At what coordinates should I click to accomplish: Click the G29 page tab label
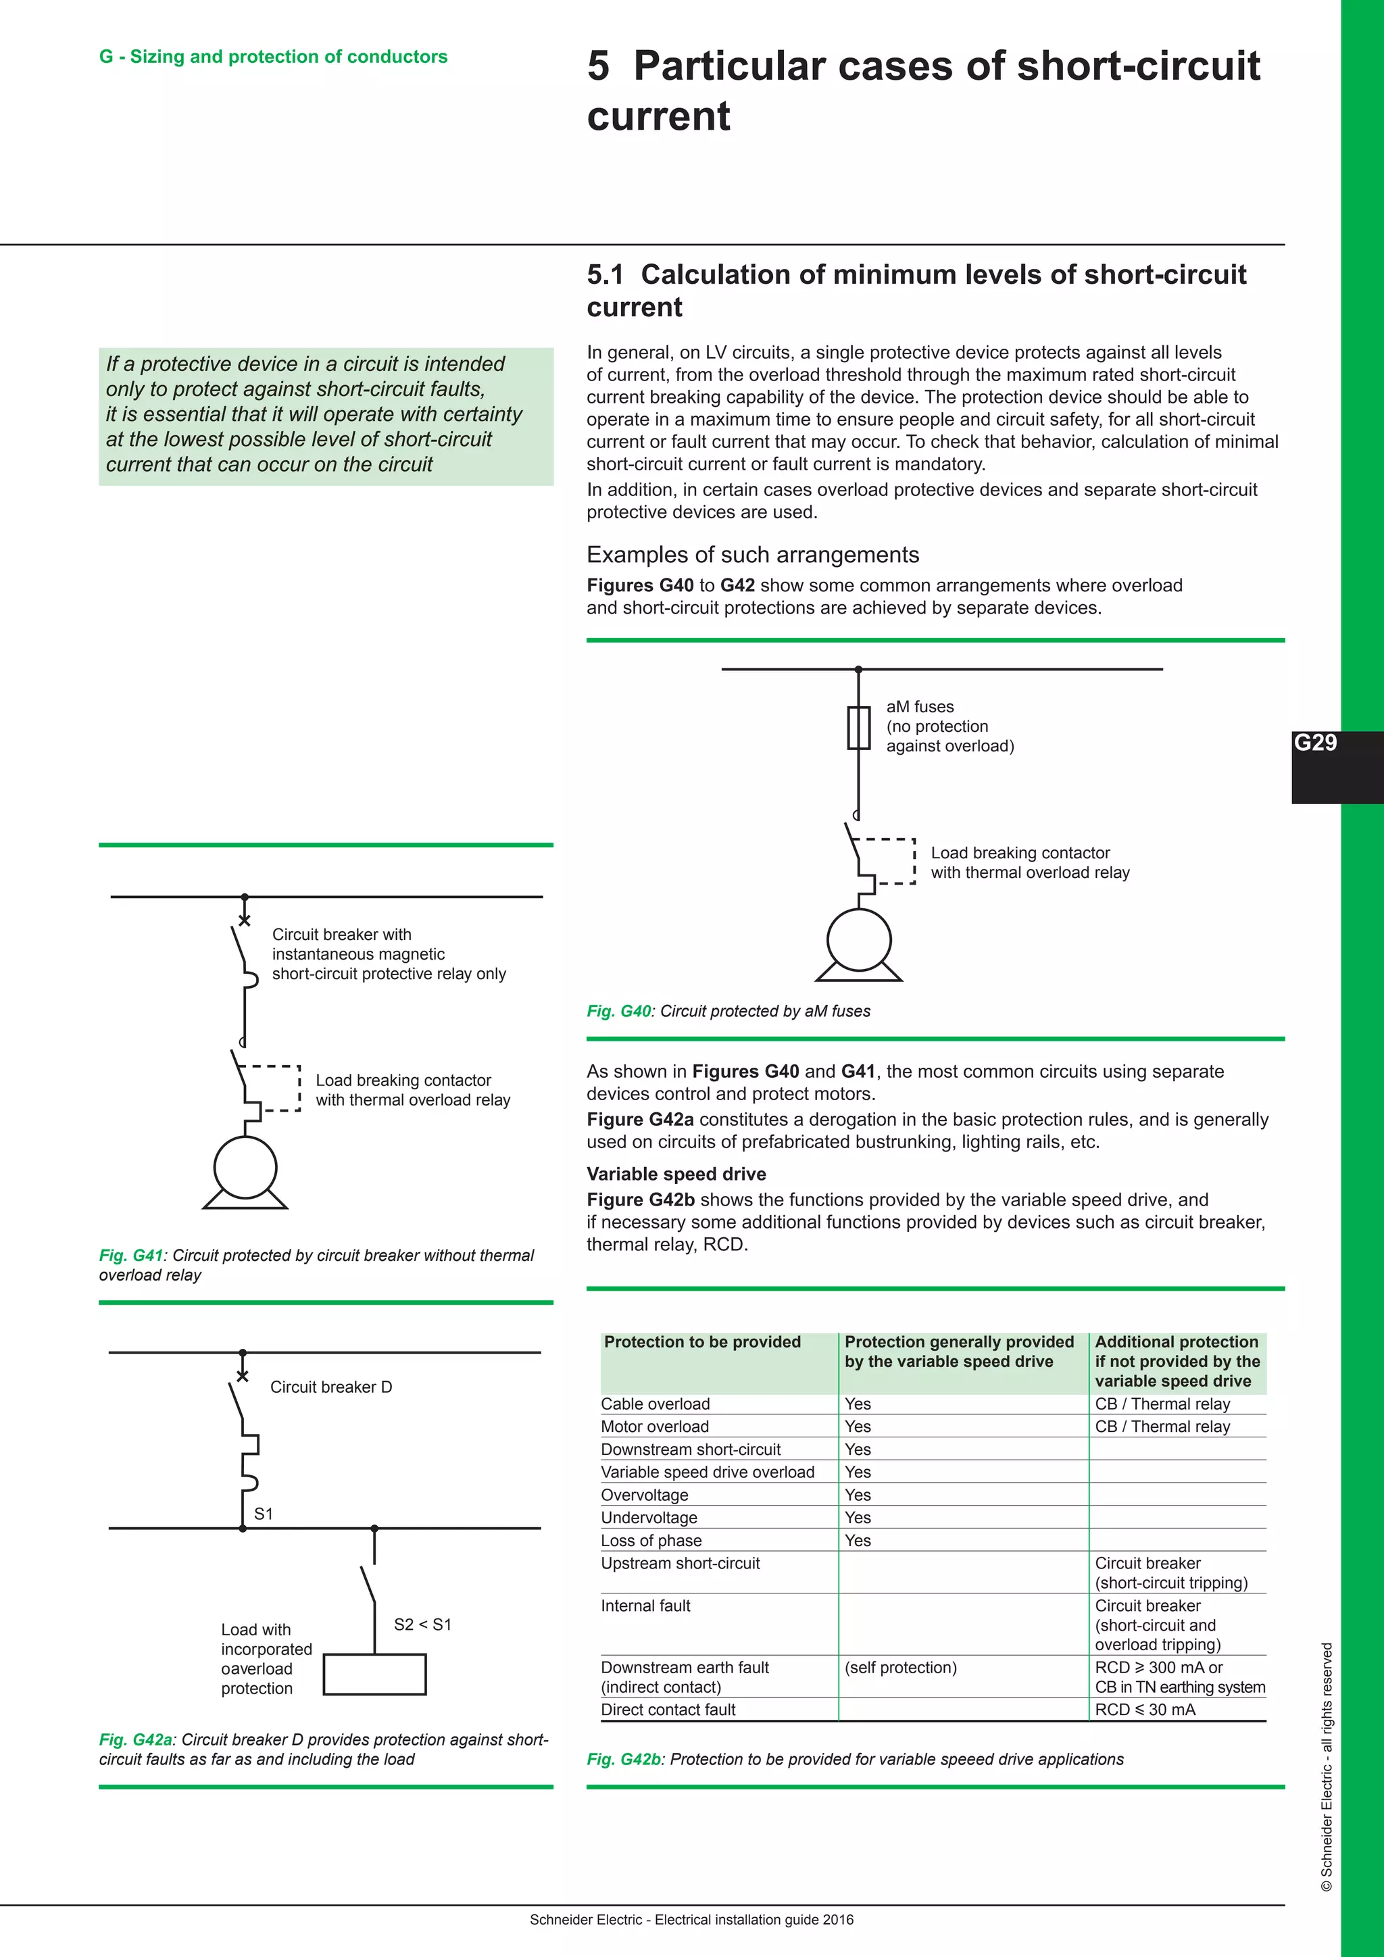[x=1315, y=743]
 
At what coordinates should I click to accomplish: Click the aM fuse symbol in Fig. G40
[x=858, y=728]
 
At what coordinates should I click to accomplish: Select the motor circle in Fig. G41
[x=245, y=1168]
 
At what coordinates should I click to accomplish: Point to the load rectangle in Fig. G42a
[x=374, y=1674]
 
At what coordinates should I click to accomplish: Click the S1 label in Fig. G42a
[x=264, y=1514]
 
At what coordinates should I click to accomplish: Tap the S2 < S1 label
[x=422, y=1625]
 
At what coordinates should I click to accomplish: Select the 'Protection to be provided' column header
[x=702, y=1341]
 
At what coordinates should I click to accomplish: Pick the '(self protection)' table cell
[x=900, y=1667]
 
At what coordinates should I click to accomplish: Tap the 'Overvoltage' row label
[x=644, y=1495]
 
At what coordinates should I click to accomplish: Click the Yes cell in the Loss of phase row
[x=858, y=1540]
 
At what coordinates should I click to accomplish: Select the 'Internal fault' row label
[x=645, y=1606]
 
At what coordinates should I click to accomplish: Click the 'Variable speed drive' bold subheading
[x=676, y=1174]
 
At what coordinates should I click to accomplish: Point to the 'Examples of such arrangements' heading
[x=753, y=555]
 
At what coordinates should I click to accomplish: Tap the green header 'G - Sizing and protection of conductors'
[x=273, y=56]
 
